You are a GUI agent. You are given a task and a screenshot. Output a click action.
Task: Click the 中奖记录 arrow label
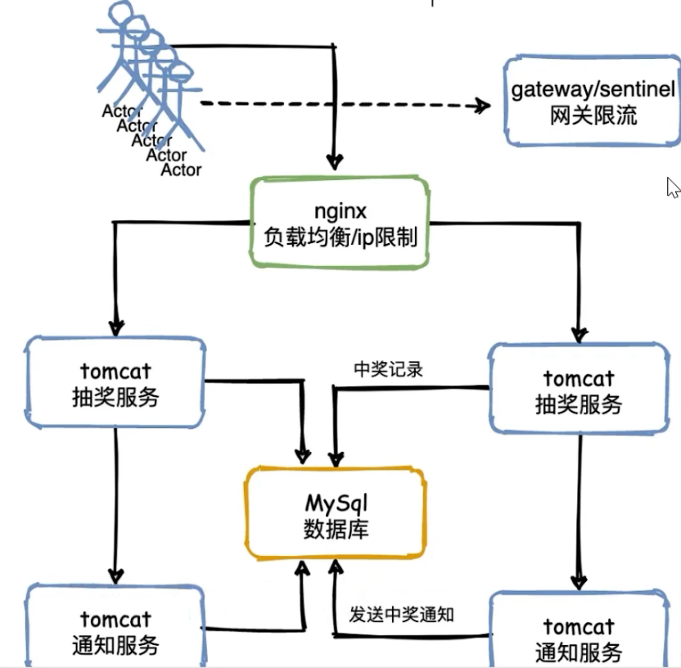tap(388, 369)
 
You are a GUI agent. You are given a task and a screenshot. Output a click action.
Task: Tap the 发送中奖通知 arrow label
tap(401, 614)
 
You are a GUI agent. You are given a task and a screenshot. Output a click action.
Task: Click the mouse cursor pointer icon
tap(673, 187)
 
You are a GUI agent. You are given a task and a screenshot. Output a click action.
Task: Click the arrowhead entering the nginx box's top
tap(333, 160)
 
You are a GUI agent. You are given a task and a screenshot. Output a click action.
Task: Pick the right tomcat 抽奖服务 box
tap(578, 389)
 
